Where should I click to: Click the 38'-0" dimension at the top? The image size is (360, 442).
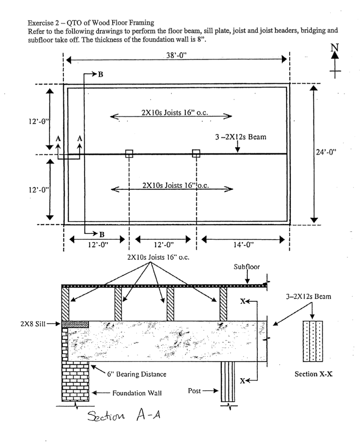click(x=177, y=57)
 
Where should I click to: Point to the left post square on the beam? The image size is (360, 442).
click(x=129, y=154)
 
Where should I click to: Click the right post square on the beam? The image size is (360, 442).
click(x=196, y=154)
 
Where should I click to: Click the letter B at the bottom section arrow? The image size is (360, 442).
click(x=102, y=234)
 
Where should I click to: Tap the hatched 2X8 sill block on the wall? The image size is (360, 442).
click(x=76, y=324)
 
